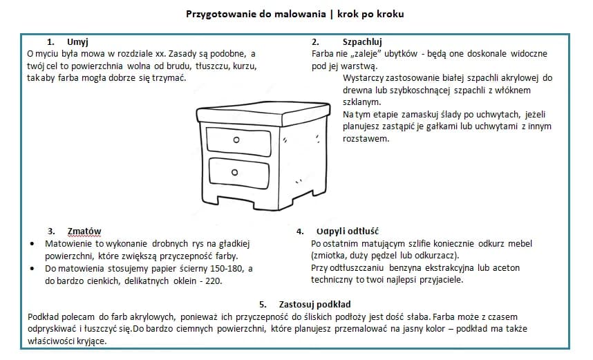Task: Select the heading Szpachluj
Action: coord(362,41)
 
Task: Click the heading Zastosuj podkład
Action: coord(314,303)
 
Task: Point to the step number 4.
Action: coord(299,231)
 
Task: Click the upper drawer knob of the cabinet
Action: coord(236,140)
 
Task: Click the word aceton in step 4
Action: coord(505,268)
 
